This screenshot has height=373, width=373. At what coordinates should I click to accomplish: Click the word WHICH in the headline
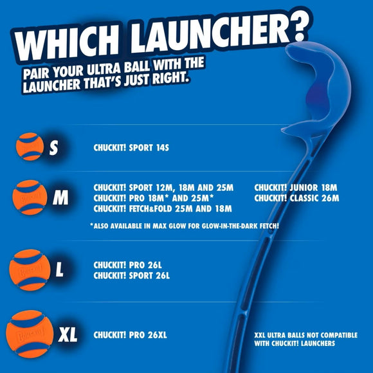tap(67, 43)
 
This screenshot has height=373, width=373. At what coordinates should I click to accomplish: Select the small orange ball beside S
tap(30, 147)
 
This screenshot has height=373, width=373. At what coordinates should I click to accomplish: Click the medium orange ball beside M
tap(30, 197)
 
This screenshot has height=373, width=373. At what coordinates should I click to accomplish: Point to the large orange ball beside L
tap(30, 270)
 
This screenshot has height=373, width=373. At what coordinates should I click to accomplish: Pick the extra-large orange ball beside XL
tap(30, 334)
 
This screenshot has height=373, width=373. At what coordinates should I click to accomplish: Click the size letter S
tap(54, 147)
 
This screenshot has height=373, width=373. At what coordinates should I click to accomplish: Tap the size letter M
tap(60, 197)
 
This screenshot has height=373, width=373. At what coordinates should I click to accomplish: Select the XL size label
tap(68, 334)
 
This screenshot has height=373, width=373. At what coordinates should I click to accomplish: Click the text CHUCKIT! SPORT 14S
tap(131, 148)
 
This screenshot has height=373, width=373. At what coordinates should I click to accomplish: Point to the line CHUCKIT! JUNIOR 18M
tap(296, 188)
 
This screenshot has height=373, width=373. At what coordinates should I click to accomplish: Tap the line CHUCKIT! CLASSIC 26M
tap(296, 198)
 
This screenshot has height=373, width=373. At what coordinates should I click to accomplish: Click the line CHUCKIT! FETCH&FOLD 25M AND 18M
tap(163, 208)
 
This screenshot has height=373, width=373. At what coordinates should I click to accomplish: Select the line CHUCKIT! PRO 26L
tap(128, 265)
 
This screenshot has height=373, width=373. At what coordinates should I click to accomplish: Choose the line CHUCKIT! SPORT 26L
tap(132, 275)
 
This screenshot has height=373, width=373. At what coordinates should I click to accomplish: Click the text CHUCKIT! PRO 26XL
tap(130, 335)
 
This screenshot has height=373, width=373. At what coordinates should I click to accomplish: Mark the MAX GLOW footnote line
tap(185, 226)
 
